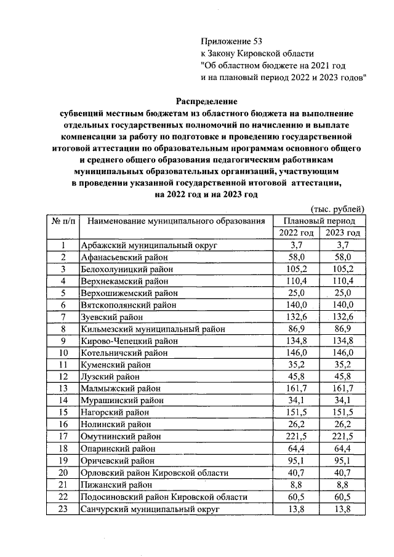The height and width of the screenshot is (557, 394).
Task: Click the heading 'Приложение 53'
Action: (231, 41)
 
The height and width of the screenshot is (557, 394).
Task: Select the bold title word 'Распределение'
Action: (206, 100)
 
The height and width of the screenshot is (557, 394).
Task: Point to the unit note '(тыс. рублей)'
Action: (338, 209)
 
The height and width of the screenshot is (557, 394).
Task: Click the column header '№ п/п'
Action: (63, 220)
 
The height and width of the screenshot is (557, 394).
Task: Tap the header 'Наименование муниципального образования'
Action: (175, 220)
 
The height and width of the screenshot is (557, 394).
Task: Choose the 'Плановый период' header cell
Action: (319, 220)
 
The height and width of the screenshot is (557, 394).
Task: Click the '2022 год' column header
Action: (296, 233)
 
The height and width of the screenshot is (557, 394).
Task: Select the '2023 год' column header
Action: (342, 233)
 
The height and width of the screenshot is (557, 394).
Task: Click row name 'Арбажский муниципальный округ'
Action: (142, 246)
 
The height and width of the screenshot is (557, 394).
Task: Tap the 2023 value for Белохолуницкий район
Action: (342, 269)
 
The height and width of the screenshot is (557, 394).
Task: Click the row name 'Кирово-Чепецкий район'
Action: (126, 340)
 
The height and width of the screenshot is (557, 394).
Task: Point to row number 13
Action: (63, 388)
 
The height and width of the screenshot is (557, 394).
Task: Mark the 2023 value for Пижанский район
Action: (342, 484)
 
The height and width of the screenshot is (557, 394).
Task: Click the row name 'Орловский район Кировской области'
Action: (155, 473)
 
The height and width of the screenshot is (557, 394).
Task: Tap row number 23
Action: (63, 508)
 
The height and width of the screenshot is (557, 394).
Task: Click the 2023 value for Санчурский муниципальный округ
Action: (342, 508)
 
